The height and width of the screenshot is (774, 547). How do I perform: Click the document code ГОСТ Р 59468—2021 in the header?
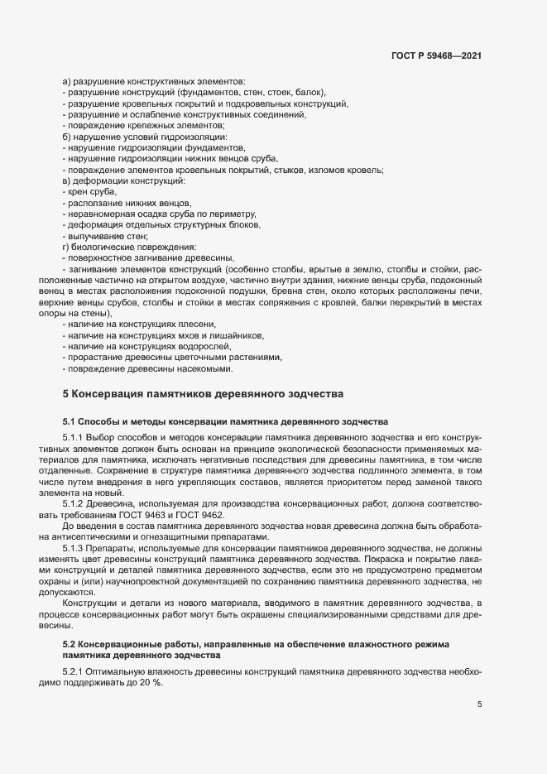click(436, 56)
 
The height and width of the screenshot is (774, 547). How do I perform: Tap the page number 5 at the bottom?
click(480, 704)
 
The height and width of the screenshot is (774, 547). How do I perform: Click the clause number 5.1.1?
click(74, 436)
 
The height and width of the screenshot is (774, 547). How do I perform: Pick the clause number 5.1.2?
click(74, 502)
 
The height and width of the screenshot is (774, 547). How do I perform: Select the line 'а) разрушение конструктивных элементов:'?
click(153, 81)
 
